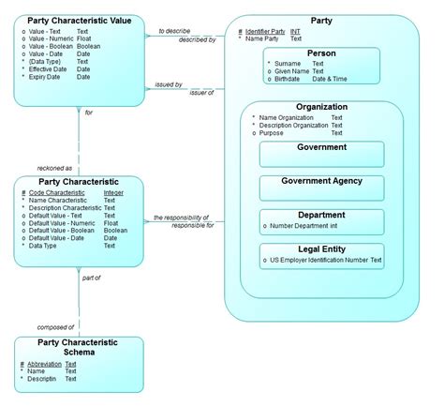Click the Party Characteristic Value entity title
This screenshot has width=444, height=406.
pyautogui.click(x=79, y=20)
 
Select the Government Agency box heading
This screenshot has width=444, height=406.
pyautogui.click(x=321, y=181)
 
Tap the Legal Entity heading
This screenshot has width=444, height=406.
pyautogui.click(x=321, y=248)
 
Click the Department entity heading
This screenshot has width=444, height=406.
pyautogui.click(x=321, y=215)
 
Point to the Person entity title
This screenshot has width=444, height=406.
pyautogui.click(x=321, y=54)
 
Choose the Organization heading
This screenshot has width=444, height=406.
pyautogui.click(x=321, y=107)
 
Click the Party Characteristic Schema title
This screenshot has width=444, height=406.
pyautogui.click(x=79, y=348)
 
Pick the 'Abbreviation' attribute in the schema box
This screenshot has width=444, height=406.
pyautogui.click(x=43, y=364)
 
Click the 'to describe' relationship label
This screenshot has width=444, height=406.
pyautogui.click(x=173, y=31)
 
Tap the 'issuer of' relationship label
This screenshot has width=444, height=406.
pyautogui.click(x=201, y=92)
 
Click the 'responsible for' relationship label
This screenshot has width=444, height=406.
pyautogui.click(x=193, y=226)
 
